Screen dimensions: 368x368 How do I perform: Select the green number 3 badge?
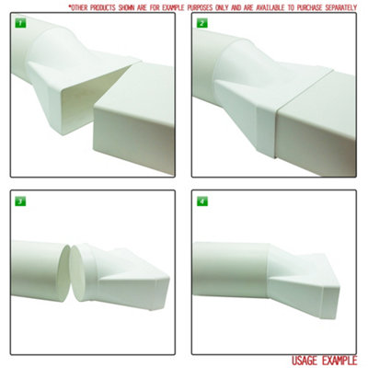coord(19,201)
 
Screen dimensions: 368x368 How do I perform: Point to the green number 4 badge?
coord(201,201)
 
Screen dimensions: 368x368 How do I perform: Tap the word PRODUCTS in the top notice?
coord(107,6)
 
